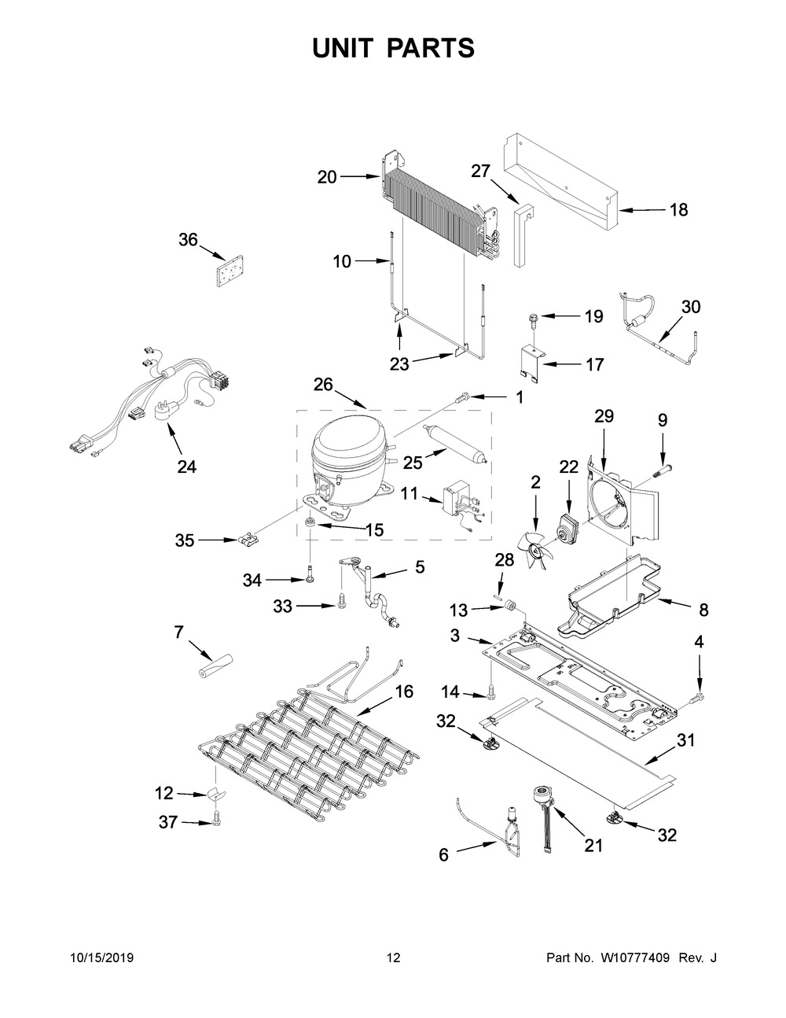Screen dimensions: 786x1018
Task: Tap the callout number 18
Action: pyautogui.click(x=679, y=209)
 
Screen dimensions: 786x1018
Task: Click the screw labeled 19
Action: pyautogui.click(x=531, y=318)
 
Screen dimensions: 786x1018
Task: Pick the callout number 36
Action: pyautogui.click(x=188, y=240)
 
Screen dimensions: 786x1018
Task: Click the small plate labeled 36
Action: pyautogui.click(x=230, y=271)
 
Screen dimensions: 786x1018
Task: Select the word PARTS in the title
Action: pyautogui.click(x=431, y=48)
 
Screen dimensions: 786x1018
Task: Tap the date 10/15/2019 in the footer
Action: pyautogui.click(x=102, y=957)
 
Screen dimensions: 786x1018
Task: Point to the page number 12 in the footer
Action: pyautogui.click(x=394, y=957)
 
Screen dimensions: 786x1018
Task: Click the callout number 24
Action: pyautogui.click(x=187, y=467)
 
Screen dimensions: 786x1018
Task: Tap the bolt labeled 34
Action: pyautogui.click(x=310, y=574)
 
